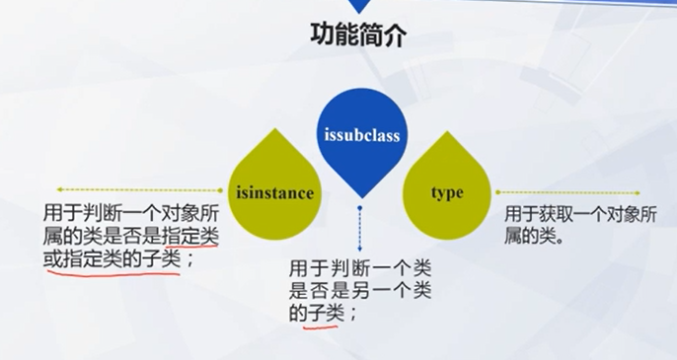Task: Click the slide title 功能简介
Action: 358,35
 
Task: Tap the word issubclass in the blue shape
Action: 362,135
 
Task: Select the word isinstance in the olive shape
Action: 275,193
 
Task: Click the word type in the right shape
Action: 447,193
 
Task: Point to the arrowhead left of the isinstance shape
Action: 60,189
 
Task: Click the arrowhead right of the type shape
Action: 637,193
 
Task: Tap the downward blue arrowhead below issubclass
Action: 359,249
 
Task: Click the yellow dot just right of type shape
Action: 497,192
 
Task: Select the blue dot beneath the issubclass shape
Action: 359,208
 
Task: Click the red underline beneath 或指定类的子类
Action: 113,273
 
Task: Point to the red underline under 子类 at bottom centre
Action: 320,326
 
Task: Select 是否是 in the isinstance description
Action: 132,237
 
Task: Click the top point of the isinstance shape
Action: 275,128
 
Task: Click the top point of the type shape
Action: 447,131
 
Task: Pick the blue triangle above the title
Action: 358,5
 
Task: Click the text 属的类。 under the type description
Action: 534,236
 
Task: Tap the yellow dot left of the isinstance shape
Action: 220,190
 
